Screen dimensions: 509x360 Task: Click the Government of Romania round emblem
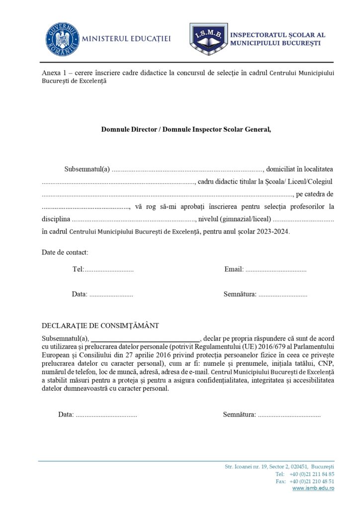pyautogui.click(x=63, y=39)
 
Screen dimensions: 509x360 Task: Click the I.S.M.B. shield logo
pyautogui.click(x=208, y=38)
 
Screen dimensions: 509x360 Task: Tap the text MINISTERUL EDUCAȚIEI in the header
pyautogui.click(x=125, y=39)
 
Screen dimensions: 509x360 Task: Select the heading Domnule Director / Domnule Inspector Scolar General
pyautogui.click(x=186, y=129)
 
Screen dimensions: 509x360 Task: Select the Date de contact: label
pyautogui.click(x=65, y=252)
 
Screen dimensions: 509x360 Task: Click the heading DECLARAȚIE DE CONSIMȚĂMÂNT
pyautogui.click(x=100, y=326)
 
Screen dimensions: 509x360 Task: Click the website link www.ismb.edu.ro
pyautogui.click(x=313, y=489)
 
